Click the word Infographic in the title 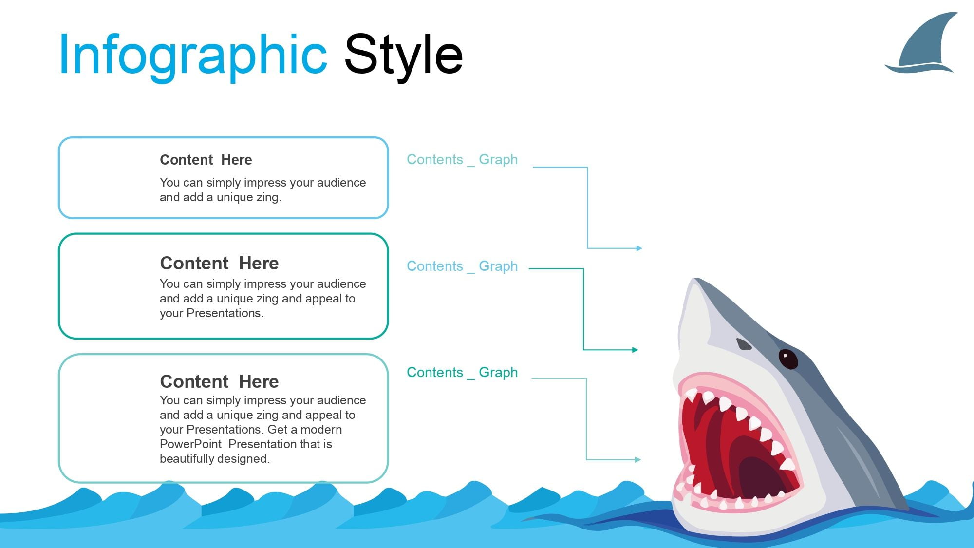tap(193, 55)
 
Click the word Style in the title tap(403, 55)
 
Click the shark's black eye tap(787, 359)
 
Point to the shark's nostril tap(744, 344)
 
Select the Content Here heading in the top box tap(206, 160)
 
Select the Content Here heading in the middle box tap(219, 263)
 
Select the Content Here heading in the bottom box tap(219, 381)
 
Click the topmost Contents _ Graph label tap(462, 159)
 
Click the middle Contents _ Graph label tap(462, 266)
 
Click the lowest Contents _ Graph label tap(462, 372)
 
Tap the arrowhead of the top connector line tap(639, 248)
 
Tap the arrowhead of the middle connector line tap(635, 350)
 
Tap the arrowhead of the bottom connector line tap(637, 459)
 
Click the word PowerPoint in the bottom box tap(190, 444)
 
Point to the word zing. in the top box tap(269, 197)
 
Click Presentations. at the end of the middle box tap(225, 313)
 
